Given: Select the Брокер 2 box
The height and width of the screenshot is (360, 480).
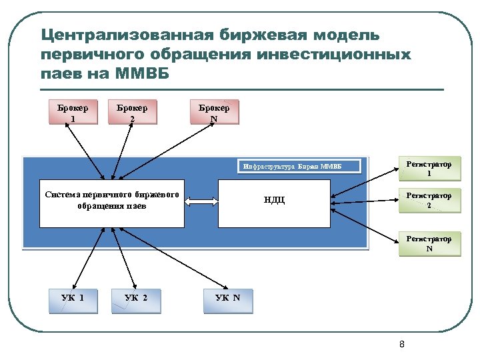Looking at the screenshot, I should [133, 113].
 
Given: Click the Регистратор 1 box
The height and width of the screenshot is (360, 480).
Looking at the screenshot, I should [429, 169].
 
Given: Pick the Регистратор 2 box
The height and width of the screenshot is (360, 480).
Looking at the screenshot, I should [429, 201].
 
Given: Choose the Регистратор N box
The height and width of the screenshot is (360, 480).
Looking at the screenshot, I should [429, 244].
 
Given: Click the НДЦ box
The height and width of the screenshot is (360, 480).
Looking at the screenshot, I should [273, 201].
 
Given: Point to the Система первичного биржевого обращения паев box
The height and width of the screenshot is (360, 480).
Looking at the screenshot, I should [112, 201].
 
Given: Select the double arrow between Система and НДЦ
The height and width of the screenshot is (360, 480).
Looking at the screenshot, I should [201, 201].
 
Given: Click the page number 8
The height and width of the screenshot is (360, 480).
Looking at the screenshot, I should [401, 344].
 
